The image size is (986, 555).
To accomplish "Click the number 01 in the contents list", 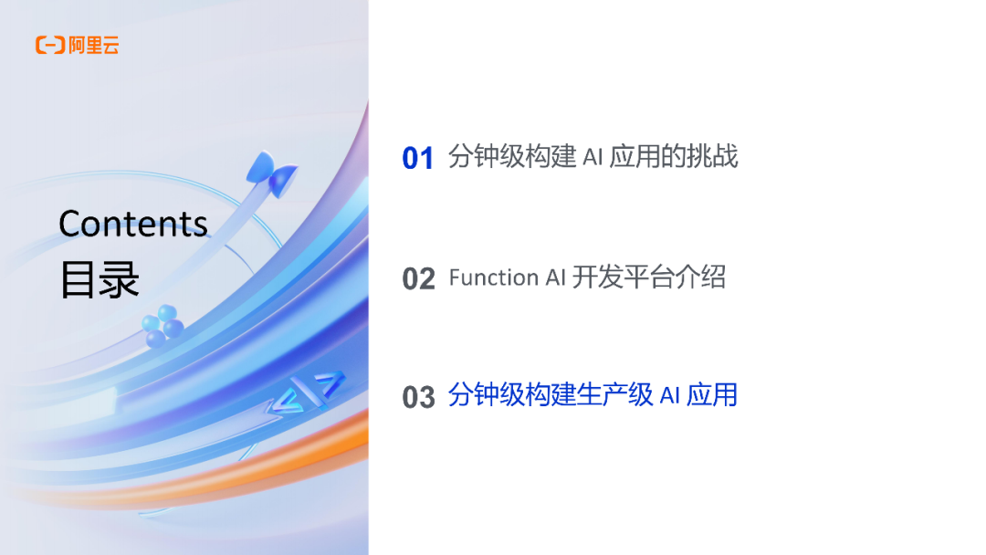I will (x=417, y=159).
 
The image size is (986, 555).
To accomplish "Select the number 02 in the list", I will (x=418, y=278).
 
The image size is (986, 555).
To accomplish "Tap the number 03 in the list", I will (x=418, y=397).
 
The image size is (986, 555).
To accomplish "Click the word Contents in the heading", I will (x=133, y=224).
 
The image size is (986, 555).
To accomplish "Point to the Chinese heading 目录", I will (x=100, y=279).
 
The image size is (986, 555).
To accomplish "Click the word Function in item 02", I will (x=494, y=277).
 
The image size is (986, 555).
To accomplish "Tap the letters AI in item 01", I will (x=592, y=157).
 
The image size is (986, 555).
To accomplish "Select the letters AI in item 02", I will (x=555, y=277).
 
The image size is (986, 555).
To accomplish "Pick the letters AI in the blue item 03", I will (x=670, y=395).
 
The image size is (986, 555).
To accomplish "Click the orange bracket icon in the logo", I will (x=49, y=45).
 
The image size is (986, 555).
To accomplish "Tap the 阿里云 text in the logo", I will (x=94, y=45).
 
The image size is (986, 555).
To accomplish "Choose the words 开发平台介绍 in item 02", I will (x=648, y=277).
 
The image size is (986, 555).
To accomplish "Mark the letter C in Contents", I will (x=70, y=225).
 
